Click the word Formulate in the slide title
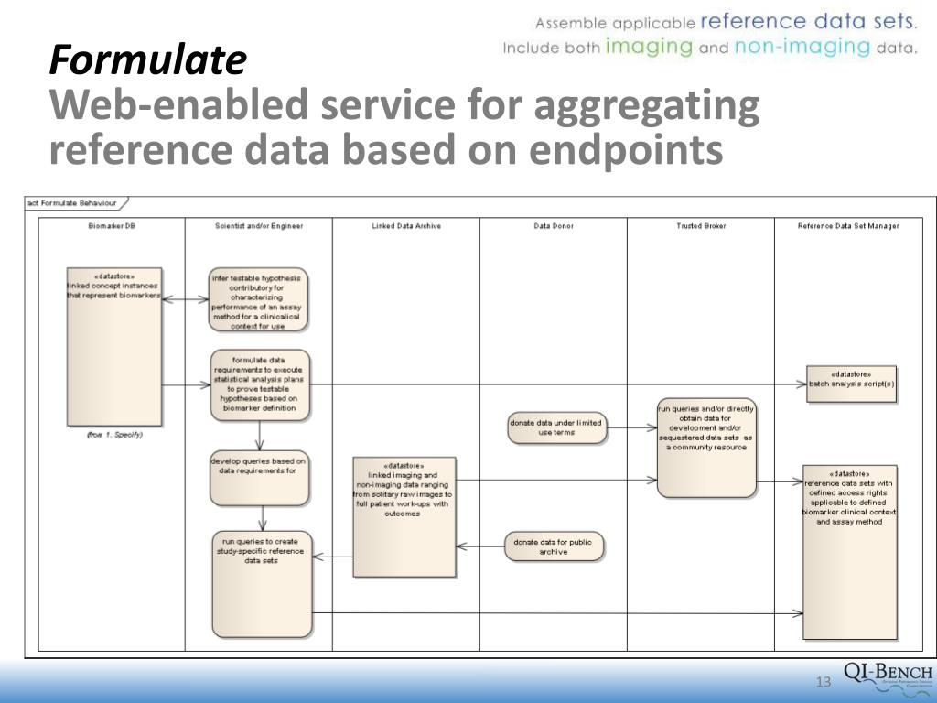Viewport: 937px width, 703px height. pyautogui.click(x=147, y=61)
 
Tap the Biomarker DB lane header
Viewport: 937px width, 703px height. pyautogui.click(x=112, y=226)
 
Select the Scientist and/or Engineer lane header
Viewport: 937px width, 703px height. pyautogui.click(x=259, y=226)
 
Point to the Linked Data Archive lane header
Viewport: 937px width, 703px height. pyautogui.click(x=406, y=226)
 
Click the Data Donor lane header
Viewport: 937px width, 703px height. pyautogui.click(x=554, y=226)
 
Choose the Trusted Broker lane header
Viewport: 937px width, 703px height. pyautogui.click(x=702, y=226)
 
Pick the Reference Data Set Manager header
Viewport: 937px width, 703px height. pyautogui.click(x=849, y=226)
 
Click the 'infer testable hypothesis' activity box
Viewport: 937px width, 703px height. pyautogui.click(x=258, y=299)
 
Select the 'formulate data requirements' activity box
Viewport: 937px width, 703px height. pyautogui.click(x=260, y=384)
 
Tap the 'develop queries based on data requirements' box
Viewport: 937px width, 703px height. pyautogui.click(x=258, y=479)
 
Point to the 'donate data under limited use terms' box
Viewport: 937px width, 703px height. pyautogui.click(x=556, y=427)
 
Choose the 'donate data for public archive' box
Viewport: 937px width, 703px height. pyautogui.click(x=553, y=546)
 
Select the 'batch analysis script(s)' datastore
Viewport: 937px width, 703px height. pyautogui.click(x=851, y=384)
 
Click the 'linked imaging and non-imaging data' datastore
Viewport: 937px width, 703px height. pyautogui.click(x=404, y=516)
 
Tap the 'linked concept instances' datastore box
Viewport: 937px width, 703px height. pyautogui.click(x=114, y=345)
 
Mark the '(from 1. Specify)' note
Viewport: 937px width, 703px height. pyautogui.click(x=114, y=435)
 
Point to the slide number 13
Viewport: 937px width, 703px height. pyautogui.click(x=822, y=682)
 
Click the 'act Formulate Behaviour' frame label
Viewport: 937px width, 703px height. pyautogui.click(x=73, y=202)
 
